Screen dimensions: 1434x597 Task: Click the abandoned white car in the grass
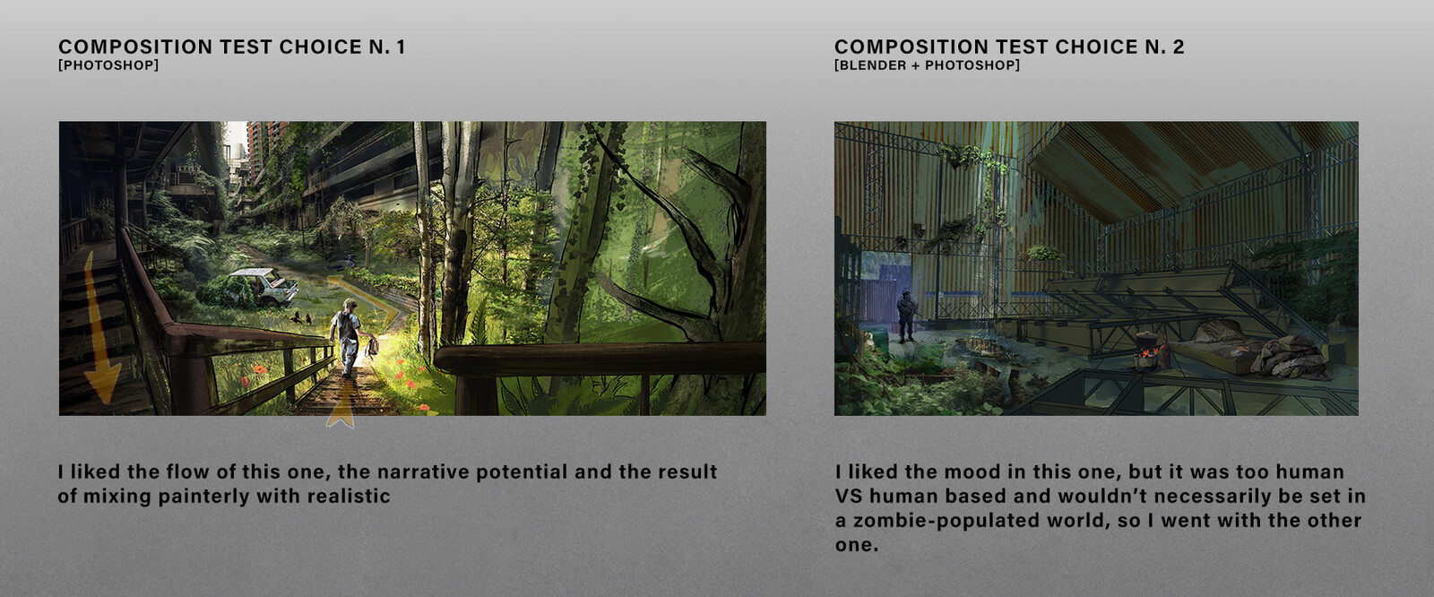(263, 286)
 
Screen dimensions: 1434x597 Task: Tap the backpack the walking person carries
(372, 348)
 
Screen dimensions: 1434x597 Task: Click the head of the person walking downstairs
(349, 305)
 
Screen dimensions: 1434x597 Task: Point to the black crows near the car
(300, 317)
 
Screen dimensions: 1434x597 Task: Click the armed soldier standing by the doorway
(906, 316)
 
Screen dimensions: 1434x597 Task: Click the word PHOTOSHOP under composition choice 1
(108, 65)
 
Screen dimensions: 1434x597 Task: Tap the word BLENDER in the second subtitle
(870, 65)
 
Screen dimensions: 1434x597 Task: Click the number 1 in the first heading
(400, 47)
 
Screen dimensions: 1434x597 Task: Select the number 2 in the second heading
(1178, 47)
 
